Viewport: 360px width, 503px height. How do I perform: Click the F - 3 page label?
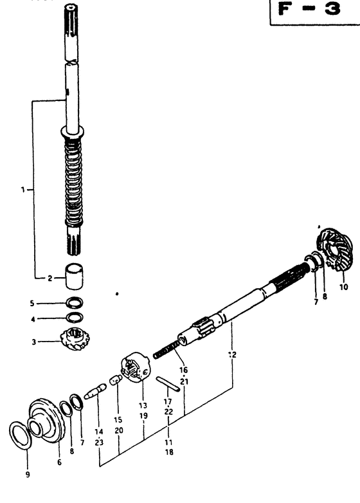click(309, 8)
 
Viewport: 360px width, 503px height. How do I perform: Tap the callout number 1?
click(22, 190)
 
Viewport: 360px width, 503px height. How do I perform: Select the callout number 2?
click(50, 278)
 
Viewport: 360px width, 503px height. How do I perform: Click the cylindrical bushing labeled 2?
click(74, 276)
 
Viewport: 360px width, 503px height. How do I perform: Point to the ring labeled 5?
click(74, 302)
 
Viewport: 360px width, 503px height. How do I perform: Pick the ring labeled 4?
click(75, 317)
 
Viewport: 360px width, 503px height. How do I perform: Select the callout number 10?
click(343, 286)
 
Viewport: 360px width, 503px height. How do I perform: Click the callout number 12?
click(232, 354)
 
